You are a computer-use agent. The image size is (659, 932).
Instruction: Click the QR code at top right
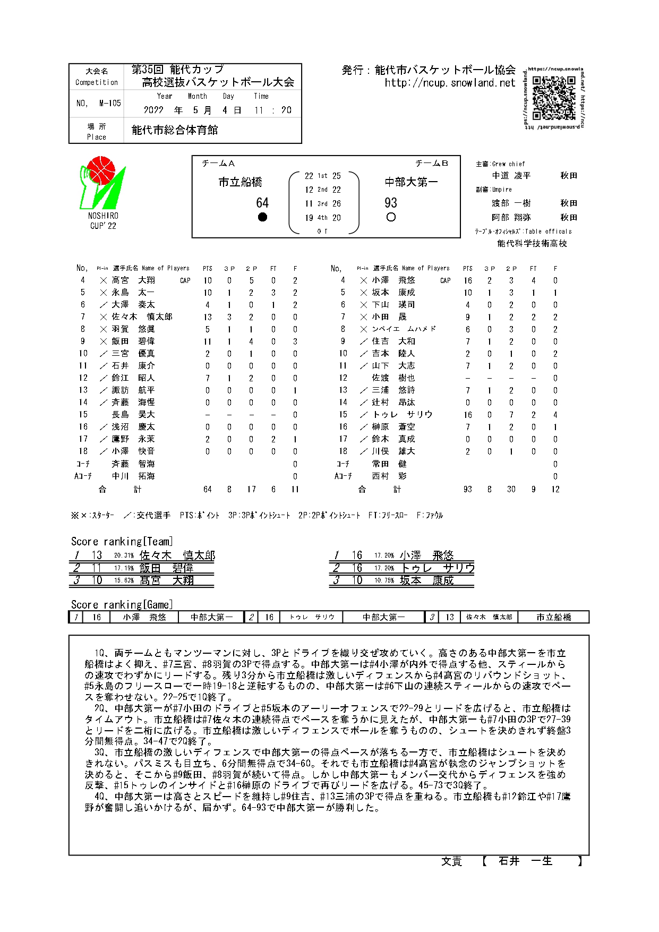[554, 98]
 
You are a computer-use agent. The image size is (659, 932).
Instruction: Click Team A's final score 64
[262, 203]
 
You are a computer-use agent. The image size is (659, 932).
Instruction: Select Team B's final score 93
[391, 203]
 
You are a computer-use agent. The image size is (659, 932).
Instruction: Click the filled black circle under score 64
[262, 217]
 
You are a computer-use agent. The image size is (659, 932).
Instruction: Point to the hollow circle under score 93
[391, 217]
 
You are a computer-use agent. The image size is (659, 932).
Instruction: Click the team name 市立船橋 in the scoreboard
[241, 182]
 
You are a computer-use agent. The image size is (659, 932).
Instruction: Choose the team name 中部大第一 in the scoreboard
[412, 182]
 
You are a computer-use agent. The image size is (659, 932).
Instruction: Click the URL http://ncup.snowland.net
[450, 83]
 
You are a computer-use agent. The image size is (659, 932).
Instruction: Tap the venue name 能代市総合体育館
[175, 130]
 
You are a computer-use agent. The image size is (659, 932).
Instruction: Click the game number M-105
[110, 104]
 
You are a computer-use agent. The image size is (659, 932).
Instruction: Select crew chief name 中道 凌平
[511, 175]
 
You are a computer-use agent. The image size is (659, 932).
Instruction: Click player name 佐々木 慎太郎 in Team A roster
[142, 317]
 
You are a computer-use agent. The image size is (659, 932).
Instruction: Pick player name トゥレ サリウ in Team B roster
[403, 415]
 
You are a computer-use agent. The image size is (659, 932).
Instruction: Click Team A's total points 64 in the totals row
[208, 489]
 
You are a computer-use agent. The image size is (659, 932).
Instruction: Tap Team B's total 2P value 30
[511, 489]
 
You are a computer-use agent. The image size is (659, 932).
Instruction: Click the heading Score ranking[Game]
[122, 604]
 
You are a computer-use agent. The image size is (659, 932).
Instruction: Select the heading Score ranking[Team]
[122, 541]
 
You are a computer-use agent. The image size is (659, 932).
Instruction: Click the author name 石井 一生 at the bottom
[526, 861]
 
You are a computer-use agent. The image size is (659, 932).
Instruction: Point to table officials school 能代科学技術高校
[532, 243]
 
